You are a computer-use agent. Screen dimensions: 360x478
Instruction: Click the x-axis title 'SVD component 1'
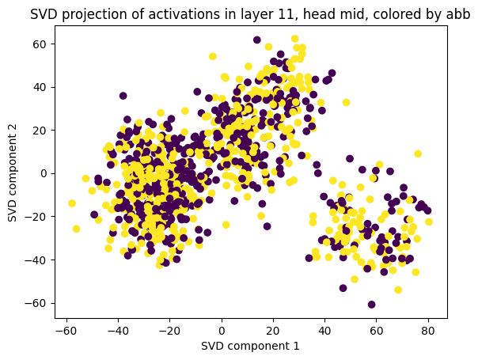pyautogui.click(x=251, y=345)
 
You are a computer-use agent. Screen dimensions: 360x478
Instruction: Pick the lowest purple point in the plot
pyautogui.click(x=371, y=305)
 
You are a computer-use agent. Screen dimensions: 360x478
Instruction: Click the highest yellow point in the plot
pyautogui.click(x=295, y=39)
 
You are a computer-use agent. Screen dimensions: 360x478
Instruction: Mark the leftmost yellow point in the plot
pyautogui.click(x=72, y=203)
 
